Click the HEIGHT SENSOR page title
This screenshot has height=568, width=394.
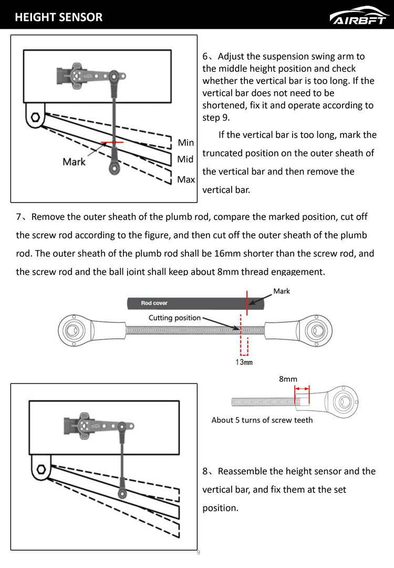pos(59,17)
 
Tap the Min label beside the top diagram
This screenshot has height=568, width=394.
pos(185,143)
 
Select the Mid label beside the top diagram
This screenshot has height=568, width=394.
pos(185,159)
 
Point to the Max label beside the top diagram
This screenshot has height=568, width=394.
pos(186,179)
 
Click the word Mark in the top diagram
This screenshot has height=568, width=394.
pos(74,162)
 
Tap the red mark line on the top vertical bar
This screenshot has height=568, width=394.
pos(112,142)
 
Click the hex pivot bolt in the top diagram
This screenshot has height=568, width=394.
pos(36,117)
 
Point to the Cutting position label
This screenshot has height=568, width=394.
pos(174,318)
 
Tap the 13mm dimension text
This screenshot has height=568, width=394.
pos(244,362)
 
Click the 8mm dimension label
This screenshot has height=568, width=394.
pos(288,378)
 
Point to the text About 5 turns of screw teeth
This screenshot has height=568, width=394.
pos(262,420)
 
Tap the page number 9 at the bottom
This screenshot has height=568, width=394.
pos(198,552)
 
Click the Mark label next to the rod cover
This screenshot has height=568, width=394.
pos(282,291)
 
